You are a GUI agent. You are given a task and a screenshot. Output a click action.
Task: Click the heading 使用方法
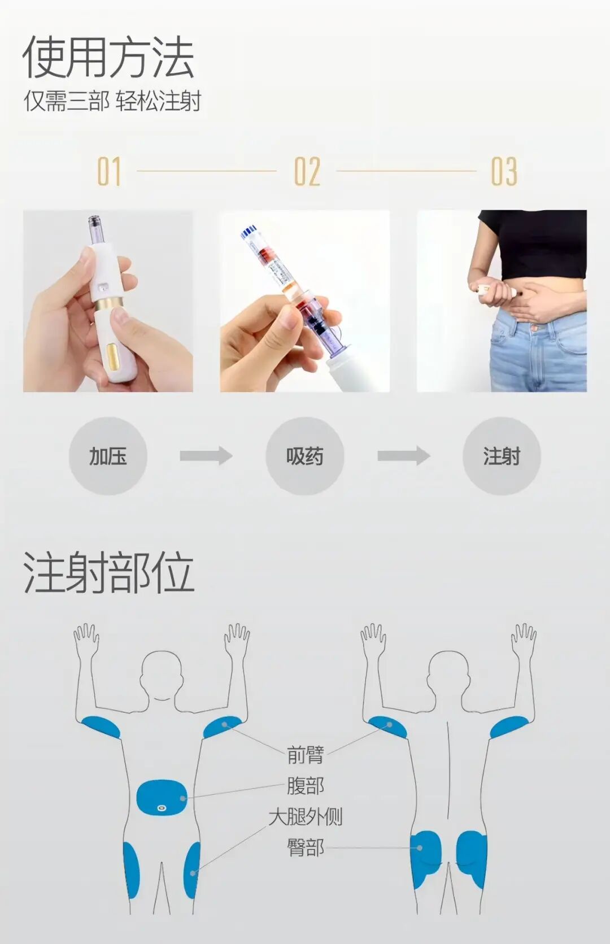tap(108, 58)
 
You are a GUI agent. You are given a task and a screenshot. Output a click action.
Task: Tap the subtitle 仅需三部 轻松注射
tap(112, 101)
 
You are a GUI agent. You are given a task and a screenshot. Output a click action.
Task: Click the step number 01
tap(109, 172)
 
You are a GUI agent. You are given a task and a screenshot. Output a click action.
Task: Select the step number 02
tap(307, 172)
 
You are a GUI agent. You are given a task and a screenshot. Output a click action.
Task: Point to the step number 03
tap(504, 172)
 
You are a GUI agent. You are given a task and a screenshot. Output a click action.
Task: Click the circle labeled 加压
tap(108, 456)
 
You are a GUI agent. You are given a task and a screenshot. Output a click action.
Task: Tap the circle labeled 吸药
tap(304, 456)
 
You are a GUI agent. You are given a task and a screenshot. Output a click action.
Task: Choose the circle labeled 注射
tap(502, 456)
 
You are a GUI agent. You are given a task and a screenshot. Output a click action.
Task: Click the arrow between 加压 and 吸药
tap(206, 455)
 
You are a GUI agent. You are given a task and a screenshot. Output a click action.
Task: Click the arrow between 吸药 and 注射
tap(403, 455)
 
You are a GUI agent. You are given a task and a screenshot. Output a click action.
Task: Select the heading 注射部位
tap(108, 573)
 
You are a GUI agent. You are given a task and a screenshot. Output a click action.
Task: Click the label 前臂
tap(305, 755)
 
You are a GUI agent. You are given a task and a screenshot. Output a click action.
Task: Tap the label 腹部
tap(305, 786)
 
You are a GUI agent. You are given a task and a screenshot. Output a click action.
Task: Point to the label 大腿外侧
tap(305, 817)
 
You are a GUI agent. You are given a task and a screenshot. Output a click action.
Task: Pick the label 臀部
tap(305, 847)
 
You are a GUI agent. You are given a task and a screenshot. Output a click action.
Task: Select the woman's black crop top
tap(537, 243)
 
